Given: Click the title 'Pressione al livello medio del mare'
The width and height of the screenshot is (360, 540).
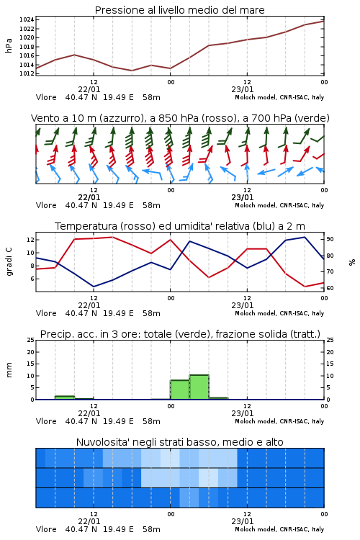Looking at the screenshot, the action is pyautogui.click(x=179, y=10).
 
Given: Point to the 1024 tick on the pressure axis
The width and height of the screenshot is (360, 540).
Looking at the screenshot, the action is pyautogui.click(x=27, y=19).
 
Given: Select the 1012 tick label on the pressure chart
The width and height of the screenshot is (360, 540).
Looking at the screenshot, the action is pyautogui.click(x=27, y=73).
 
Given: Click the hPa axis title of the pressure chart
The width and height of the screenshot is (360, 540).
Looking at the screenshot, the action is pyautogui.click(x=9, y=45).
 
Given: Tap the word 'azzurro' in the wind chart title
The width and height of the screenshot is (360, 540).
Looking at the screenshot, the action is pyautogui.click(x=121, y=118).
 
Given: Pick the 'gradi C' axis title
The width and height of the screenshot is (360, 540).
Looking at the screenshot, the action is pyautogui.click(x=9, y=261).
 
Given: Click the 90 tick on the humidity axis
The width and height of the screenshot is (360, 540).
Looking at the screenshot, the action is pyautogui.click(x=330, y=239).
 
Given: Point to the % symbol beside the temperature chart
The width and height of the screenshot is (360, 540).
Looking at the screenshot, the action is pyautogui.click(x=352, y=262).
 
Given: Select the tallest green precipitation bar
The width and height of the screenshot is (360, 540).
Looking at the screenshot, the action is pyautogui.click(x=199, y=387).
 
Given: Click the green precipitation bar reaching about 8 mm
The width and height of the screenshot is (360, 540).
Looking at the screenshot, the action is pyautogui.click(x=180, y=390).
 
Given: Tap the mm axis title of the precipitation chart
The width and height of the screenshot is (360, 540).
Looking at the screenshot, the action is pyautogui.click(x=9, y=370).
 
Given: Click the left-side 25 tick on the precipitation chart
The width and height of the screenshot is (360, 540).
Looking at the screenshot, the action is pyautogui.click(x=31, y=340).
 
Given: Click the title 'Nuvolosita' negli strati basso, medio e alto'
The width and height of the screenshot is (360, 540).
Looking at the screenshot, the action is pyautogui.click(x=179, y=442).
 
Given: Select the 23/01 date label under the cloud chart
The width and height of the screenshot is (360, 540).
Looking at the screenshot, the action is pyautogui.click(x=243, y=521).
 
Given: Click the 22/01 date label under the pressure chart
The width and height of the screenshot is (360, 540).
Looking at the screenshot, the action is pyautogui.click(x=89, y=89).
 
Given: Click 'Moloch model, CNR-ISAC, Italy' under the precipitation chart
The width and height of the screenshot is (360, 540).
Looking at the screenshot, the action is pyautogui.click(x=279, y=421).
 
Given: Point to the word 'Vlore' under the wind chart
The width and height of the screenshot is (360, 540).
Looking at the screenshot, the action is pyautogui.click(x=46, y=205).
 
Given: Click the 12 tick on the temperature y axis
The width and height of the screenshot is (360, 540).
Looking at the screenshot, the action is pyautogui.click(x=30, y=240).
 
